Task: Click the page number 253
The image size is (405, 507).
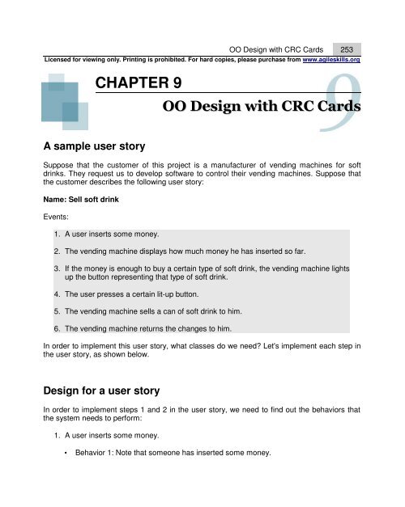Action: point(350,49)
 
